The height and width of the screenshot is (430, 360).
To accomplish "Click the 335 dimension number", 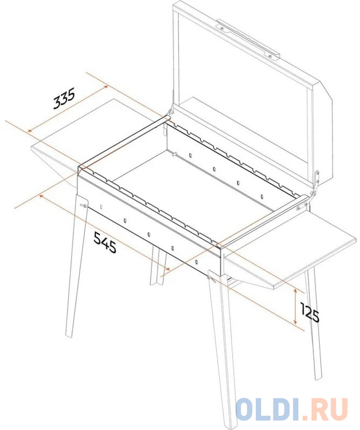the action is [x=64, y=98].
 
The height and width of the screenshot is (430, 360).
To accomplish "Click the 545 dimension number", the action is [x=105, y=242].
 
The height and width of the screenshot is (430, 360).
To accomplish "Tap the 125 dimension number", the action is [x=310, y=313].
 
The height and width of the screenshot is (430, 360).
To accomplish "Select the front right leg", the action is [x=221, y=348].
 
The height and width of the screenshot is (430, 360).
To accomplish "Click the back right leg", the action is [x=314, y=324].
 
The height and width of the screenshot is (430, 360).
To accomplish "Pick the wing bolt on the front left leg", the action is [x=83, y=206].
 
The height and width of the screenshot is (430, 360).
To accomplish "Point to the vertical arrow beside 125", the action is [x=295, y=306].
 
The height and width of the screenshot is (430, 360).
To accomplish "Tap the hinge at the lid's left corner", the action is [x=171, y=111].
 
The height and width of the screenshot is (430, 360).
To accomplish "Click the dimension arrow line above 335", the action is [x=68, y=109].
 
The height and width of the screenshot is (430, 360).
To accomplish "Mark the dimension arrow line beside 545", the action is [x=104, y=232].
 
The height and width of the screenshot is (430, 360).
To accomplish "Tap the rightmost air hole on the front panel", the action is [x=196, y=262].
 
